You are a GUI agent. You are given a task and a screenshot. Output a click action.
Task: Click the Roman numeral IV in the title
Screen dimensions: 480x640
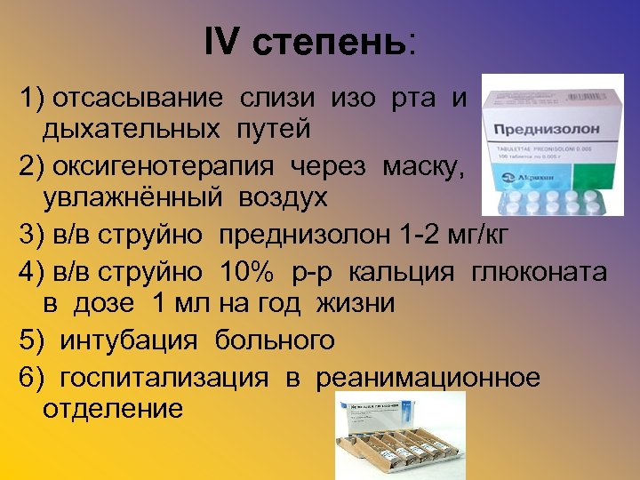point(222,42)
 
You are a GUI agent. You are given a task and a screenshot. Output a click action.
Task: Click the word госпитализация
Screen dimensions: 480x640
point(164,377)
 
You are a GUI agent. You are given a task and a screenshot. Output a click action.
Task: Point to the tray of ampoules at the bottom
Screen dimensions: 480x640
point(400,444)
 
